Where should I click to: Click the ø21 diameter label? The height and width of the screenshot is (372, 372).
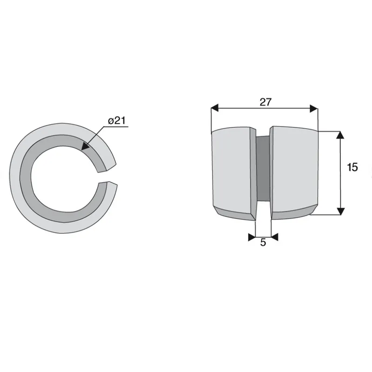click(117, 120)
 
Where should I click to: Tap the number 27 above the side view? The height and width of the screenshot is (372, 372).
click(265, 102)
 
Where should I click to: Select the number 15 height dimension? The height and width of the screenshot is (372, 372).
click(352, 167)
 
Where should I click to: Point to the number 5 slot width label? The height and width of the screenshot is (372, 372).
click(263, 242)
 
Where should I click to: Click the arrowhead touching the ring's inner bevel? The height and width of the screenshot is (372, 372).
click(85, 146)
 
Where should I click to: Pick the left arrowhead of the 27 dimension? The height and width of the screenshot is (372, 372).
click(214, 109)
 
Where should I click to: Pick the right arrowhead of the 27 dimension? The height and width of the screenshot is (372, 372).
click(313, 109)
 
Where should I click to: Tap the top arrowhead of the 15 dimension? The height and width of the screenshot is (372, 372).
click(340, 135)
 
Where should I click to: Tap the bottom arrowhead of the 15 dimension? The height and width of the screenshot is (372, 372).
click(340, 211)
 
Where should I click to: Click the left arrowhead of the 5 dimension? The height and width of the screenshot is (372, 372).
click(252, 237)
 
